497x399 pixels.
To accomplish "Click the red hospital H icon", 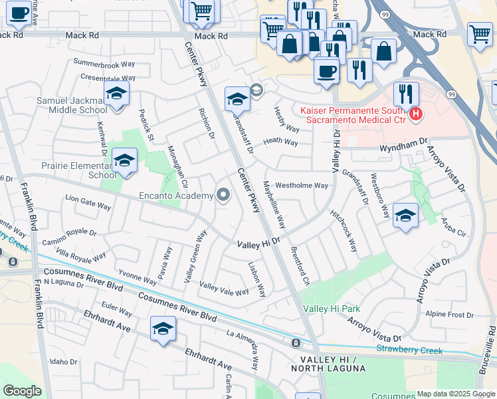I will (416, 114).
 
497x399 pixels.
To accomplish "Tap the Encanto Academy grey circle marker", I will (224, 196).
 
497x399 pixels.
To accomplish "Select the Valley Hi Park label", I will (332, 309).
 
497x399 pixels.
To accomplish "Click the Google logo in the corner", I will (22, 391).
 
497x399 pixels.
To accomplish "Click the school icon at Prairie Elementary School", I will (124, 160).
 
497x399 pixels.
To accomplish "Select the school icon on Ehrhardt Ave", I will (163, 329).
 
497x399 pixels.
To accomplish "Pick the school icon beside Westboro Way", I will (405, 215).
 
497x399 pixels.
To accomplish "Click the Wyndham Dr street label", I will (403, 143).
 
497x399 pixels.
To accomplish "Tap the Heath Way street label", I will (280, 142).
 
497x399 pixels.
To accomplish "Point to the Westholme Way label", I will (302, 186).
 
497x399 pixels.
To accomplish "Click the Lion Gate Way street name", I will (88, 202).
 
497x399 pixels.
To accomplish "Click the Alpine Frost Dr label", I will (450, 315).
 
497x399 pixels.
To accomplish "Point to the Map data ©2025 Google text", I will (456, 394).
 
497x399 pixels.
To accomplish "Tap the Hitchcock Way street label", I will (344, 231).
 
